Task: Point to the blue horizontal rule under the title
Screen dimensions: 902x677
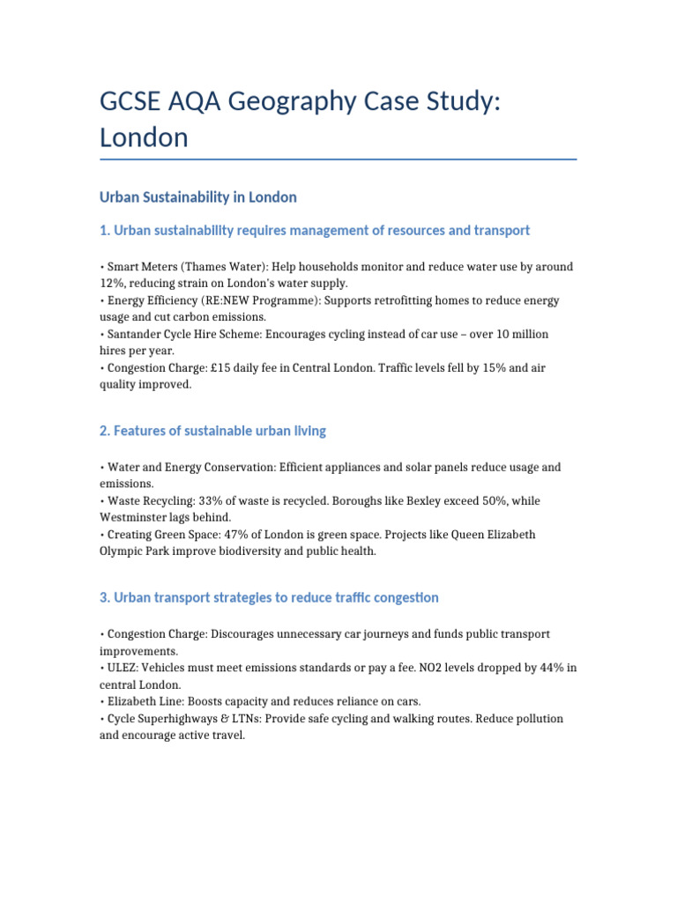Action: click(338, 159)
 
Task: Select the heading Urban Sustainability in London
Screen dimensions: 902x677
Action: click(198, 196)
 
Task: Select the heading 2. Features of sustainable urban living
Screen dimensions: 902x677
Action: click(212, 431)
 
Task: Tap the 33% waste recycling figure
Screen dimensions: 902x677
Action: click(206, 500)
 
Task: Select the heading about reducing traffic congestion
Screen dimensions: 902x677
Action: click(269, 597)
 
